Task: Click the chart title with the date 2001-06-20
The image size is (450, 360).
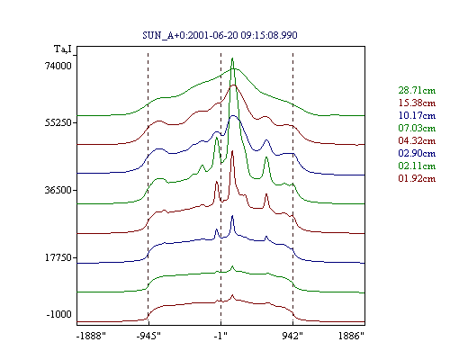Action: point(220,35)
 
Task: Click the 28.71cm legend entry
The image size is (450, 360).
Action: point(417,90)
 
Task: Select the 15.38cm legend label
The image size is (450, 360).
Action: point(417,103)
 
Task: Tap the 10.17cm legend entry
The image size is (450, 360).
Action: point(417,115)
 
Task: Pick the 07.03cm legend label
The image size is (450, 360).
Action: point(417,128)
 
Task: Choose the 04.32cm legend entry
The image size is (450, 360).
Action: point(417,140)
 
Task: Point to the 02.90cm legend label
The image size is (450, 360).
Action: point(417,153)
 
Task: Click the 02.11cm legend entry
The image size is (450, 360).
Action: point(417,166)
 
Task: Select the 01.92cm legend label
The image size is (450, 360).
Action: point(417,178)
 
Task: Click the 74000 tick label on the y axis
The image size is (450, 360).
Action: point(58,66)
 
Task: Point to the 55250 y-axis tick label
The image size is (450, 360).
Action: point(58,122)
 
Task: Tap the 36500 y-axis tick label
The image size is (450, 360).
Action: point(58,190)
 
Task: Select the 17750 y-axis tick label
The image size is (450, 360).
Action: point(58,257)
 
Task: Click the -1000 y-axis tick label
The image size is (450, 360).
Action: point(59,314)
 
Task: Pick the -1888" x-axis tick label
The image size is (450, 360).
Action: point(92,336)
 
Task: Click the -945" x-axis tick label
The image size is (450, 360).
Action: point(148,336)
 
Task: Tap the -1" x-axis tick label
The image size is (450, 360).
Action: point(220,336)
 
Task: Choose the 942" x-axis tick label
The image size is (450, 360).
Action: point(292,336)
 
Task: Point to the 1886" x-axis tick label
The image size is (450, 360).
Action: point(351,336)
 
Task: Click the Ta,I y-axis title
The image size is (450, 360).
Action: point(63,49)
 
